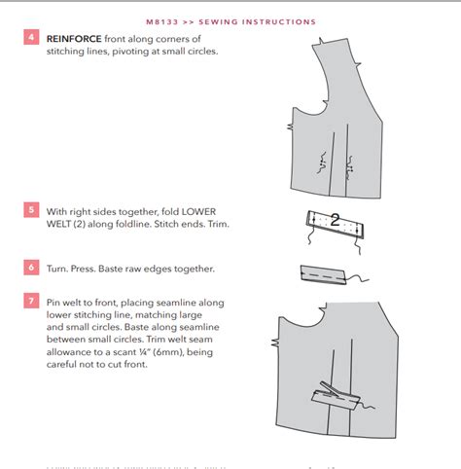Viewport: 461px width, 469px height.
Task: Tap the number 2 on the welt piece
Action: point(335,220)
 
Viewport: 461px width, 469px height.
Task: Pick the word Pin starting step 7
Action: point(56,303)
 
